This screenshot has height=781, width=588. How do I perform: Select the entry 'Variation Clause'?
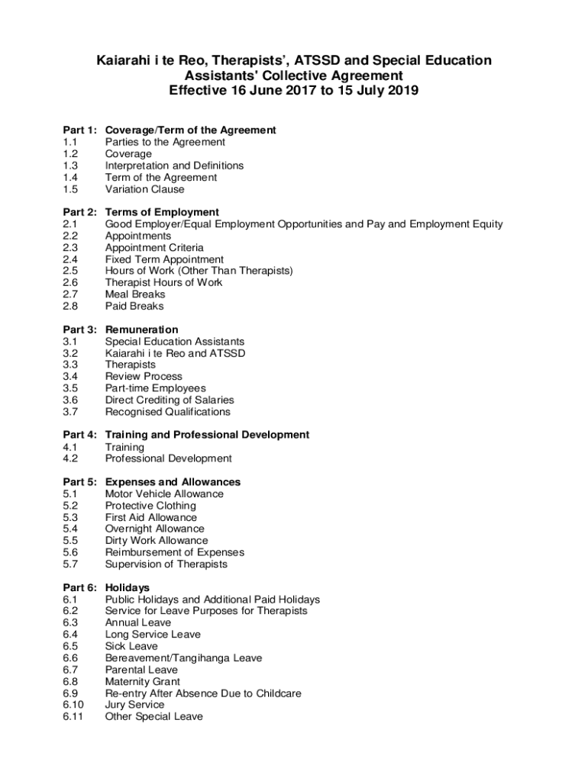tap(144, 189)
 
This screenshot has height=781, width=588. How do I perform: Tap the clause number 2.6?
tap(70, 282)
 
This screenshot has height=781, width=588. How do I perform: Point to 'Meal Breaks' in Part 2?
tap(135, 294)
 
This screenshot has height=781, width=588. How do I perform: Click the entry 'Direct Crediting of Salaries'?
tap(170, 400)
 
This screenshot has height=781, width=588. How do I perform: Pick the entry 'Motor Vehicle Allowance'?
tap(164, 493)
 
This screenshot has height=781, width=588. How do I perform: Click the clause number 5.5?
tap(70, 541)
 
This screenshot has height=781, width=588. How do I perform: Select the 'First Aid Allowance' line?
tap(150, 517)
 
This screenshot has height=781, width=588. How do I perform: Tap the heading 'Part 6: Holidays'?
tap(106, 587)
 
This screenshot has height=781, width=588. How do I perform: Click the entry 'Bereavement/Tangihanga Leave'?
tap(183, 657)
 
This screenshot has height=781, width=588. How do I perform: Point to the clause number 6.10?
tap(73, 705)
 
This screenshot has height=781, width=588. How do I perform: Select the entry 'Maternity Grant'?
tap(143, 681)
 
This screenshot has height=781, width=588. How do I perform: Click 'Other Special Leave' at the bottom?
tap(154, 716)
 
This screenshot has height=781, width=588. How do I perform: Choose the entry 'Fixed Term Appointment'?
tap(164, 259)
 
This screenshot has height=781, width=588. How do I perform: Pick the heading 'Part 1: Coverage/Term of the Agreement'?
tap(169, 130)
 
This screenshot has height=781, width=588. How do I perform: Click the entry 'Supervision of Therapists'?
tap(166, 564)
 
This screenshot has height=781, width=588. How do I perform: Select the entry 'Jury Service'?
tap(134, 705)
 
